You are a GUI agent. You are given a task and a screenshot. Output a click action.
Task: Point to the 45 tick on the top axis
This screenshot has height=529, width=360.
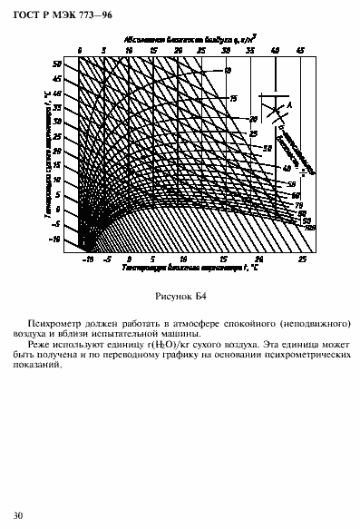tap(300, 51)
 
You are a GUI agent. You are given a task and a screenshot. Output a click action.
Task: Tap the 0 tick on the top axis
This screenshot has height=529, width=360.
tap(80, 51)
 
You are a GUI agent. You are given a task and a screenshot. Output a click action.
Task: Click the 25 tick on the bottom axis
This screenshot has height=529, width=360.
tap(303, 259)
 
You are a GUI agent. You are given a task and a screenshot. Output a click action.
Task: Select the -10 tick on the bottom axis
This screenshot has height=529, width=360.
tap(87, 259)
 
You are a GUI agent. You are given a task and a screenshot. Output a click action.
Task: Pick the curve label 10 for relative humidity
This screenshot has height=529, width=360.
tap(228, 71)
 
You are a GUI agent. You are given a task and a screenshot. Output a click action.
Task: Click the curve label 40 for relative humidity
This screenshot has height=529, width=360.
tap(286, 169)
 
